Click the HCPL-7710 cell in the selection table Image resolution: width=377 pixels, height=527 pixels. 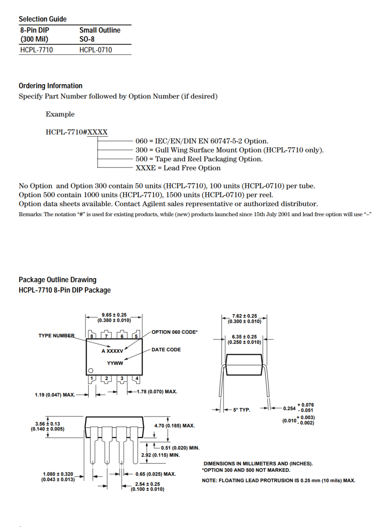click(37, 50)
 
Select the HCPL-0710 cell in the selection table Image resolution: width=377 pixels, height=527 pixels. click(95, 50)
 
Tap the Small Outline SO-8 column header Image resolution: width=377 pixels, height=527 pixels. click(99, 34)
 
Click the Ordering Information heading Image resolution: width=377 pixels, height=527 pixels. click(50, 86)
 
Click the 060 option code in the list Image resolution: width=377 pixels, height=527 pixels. click(141, 141)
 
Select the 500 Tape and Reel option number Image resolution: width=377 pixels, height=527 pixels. click(141, 159)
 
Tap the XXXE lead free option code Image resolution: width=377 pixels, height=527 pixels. click(145, 168)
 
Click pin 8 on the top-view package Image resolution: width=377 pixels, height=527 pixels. click(92, 336)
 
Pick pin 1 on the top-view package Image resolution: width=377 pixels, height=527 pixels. click(92, 378)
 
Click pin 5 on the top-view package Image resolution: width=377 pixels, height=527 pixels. click(136, 336)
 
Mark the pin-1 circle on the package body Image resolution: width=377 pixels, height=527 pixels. click(91, 370)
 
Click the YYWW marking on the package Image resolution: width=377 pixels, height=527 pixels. click(115, 363)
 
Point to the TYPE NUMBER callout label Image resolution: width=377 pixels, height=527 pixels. click(56, 336)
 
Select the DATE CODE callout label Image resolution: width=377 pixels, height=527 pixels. click(166, 350)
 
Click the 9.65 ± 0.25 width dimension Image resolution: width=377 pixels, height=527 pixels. click(114, 315)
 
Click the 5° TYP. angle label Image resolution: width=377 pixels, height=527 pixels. click(242, 410)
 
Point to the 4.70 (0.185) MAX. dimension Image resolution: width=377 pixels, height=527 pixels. click(175, 426)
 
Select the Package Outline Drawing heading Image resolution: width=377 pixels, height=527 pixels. click(57, 280)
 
